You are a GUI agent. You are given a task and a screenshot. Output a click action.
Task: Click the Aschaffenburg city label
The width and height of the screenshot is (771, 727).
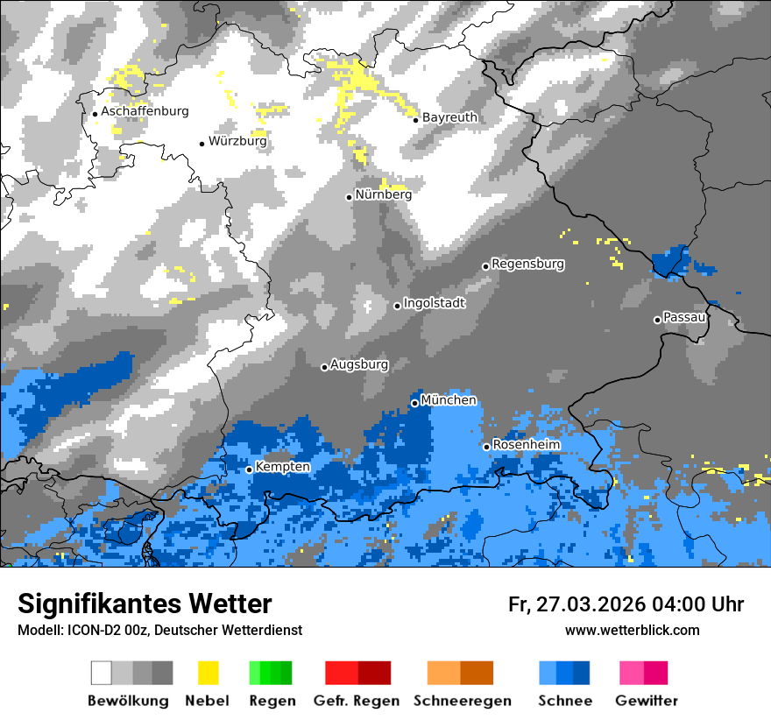pyautogui.click(x=145, y=112)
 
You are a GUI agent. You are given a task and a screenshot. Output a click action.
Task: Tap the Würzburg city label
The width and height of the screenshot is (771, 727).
pyautogui.click(x=237, y=141)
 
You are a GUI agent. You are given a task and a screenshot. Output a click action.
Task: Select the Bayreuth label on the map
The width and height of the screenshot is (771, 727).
pyautogui.click(x=449, y=117)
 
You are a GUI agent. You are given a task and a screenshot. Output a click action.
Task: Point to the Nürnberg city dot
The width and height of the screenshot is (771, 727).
pyautogui.click(x=349, y=197)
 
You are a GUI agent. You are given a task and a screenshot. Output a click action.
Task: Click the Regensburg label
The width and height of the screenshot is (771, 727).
pyautogui.click(x=527, y=264)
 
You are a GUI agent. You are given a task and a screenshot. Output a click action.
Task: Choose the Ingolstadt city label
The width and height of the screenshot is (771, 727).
pyautogui.click(x=434, y=303)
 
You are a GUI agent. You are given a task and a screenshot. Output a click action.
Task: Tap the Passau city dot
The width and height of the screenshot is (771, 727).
pyautogui.click(x=657, y=320)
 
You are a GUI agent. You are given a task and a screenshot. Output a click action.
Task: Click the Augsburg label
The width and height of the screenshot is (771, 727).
pyautogui.click(x=359, y=364)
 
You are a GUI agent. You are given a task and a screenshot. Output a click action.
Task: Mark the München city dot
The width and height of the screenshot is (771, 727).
pyautogui.click(x=414, y=403)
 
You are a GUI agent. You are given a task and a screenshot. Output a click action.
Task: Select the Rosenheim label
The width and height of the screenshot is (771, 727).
pyautogui.click(x=526, y=445)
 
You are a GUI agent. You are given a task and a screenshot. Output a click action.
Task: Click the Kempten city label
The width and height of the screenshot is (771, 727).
pyautogui.click(x=282, y=467)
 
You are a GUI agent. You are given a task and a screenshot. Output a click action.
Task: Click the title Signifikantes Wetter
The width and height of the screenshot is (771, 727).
pyautogui.click(x=145, y=603)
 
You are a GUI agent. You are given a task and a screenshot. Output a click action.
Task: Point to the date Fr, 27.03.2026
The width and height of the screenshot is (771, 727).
pyautogui.click(x=576, y=604)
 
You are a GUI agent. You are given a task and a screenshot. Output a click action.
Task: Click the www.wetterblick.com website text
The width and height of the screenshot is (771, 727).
pyautogui.click(x=632, y=630)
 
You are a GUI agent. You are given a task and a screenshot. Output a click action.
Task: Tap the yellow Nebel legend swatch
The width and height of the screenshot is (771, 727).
pyautogui.click(x=208, y=673)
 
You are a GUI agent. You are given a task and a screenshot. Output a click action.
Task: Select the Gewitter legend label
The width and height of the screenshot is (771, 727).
pyautogui.click(x=646, y=701)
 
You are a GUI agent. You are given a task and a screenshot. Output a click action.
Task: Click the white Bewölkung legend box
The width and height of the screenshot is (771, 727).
pyautogui.click(x=102, y=673)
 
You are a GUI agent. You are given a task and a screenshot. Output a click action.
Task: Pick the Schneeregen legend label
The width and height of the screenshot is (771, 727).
pyautogui.click(x=462, y=701)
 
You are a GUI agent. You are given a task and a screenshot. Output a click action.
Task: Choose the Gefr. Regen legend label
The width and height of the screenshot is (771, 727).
pyautogui.click(x=357, y=701)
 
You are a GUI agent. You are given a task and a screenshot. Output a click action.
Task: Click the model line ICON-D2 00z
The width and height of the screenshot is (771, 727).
pyautogui.click(x=159, y=630)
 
